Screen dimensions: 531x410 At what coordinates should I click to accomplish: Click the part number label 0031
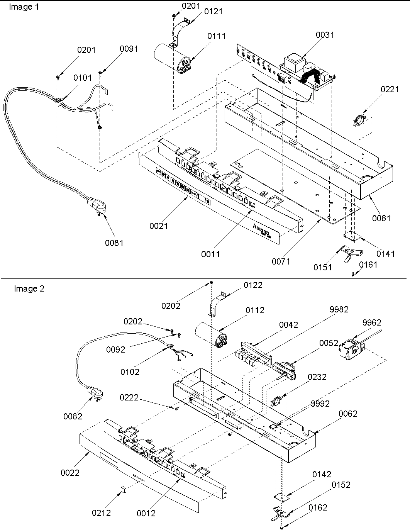coord(325,35)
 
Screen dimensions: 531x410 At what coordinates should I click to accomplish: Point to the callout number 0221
coord(390,90)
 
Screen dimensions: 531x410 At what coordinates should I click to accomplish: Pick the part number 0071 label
coord(281,261)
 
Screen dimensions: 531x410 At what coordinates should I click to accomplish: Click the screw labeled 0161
coord(354,274)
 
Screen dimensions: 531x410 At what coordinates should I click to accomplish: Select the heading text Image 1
coord(24,7)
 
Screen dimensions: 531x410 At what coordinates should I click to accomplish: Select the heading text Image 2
coord(29,289)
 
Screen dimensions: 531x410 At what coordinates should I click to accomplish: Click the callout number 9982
coord(339,309)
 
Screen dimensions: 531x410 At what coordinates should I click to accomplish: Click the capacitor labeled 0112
coord(212,335)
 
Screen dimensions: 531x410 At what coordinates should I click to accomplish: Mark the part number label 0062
coord(348,414)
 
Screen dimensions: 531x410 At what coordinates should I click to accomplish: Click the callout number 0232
coord(317,377)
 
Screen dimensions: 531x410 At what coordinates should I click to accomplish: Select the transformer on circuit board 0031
coord(294,62)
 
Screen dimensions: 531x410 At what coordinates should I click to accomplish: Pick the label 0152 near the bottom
coord(341,485)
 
